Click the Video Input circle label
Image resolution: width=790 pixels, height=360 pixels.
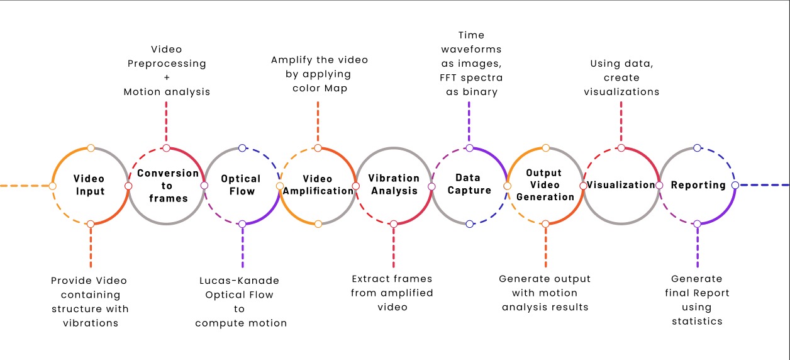[89, 185]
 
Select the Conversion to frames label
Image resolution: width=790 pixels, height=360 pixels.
[167, 186]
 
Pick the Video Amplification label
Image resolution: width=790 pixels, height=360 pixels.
[318, 185]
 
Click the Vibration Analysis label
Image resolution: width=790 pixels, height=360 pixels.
[394, 184]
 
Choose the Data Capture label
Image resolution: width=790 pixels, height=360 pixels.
[469, 184]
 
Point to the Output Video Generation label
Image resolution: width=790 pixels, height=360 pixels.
[545, 185]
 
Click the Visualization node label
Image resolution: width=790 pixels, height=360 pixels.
[621, 185]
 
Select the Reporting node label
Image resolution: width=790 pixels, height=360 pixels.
[698, 185]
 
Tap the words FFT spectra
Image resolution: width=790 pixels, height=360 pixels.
[471, 78]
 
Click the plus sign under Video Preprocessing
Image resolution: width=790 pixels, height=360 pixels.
[166, 77]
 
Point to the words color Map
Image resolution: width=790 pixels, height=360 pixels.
[320, 88]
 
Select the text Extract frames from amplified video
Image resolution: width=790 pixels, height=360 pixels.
[392, 293]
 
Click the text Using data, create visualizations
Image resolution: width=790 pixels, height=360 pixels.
[621, 77]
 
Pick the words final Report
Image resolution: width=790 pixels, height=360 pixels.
[697, 293]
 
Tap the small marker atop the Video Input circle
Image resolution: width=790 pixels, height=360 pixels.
[91, 148]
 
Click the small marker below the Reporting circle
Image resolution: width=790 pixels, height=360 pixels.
[696, 224]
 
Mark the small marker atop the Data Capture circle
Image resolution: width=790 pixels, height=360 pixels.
[469, 148]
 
